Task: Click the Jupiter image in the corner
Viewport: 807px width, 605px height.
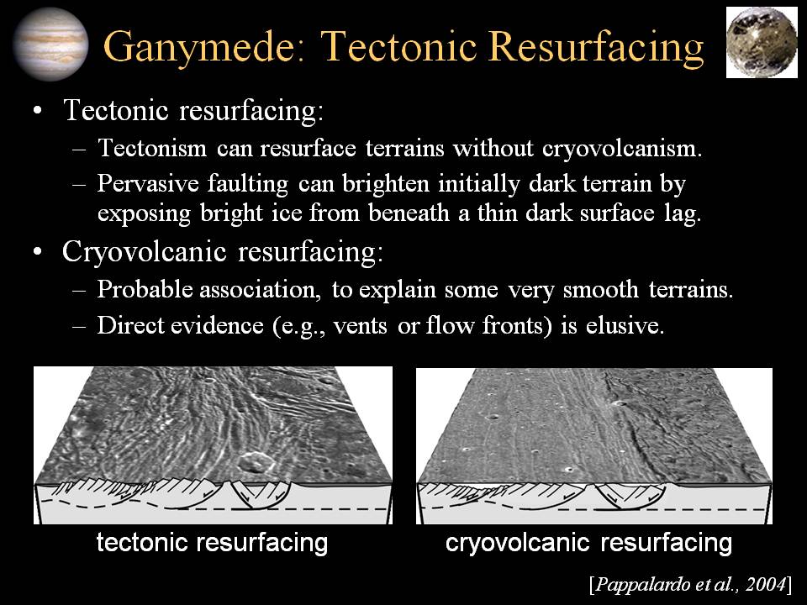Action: pos(50,45)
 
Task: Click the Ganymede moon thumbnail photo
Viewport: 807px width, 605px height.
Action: pos(762,42)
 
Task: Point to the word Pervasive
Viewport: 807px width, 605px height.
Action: pos(148,184)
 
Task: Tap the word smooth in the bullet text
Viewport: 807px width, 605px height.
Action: pos(600,289)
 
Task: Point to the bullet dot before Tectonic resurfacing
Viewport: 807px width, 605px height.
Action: pos(36,111)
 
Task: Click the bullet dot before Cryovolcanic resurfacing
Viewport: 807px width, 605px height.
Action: pos(36,253)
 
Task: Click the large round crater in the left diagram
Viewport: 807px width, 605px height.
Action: pos(254,461)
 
